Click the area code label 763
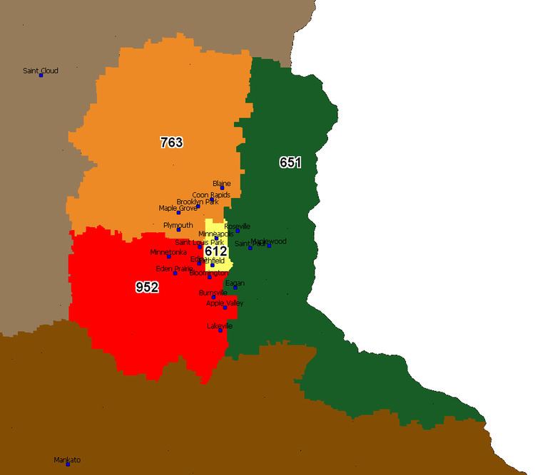pyautogui.click(x=171, y=142)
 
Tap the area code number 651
pyautogui.click(x=290, y=163)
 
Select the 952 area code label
pyautogui.click(x=147, y=287)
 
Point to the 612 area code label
pyautogui.click(x=215, y=251)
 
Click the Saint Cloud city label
pyautogui.click(x=40, y=71)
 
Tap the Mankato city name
pyautogui.click(x=67, y=460)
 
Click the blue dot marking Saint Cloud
pyautogui.click(x=41, y=75)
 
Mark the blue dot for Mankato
pyautogui.click(x=68, y=464)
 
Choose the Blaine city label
pyautogui.click(x=222, y=184)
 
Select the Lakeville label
pyautogui.click(x=220, y=326)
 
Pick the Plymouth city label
pyautogui.click(x=178, y=225)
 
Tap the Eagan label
pyautogui.click(x=235, y=283)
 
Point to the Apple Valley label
pyautogui.click(x=225, y=303)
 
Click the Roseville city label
pyautogui.click(x=238, y=226)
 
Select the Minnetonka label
pyautogui.click(x=168, y=252)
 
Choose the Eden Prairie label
pyautogui.click(x=174, y=268)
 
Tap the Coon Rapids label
pyautogui.click(x=210, y=194)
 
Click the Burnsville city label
pyautogui.click(x=213, y=293)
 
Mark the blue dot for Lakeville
pyautogui.click(x=220, y=330)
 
